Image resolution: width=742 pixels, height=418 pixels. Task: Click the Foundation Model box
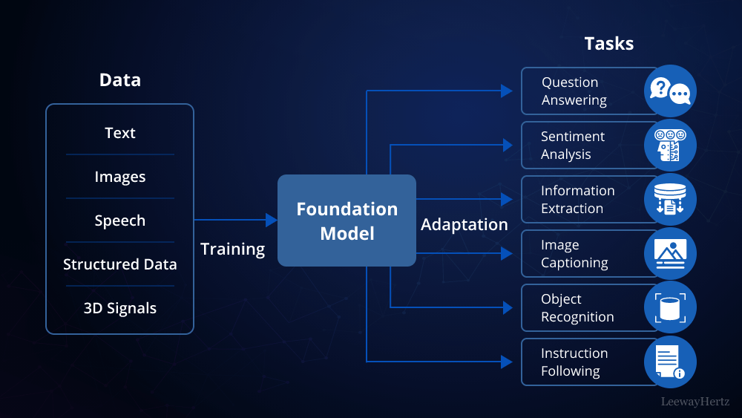point(347,221)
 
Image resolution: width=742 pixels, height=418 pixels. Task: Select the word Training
point(232,249)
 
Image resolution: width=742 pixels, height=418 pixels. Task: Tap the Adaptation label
point(464,224)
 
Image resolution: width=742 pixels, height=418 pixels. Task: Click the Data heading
point(119,80)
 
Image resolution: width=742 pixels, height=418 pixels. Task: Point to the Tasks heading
point(608,44)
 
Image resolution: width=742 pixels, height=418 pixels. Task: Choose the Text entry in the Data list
point(119,133)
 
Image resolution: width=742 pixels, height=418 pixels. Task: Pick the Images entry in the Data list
point(119,177)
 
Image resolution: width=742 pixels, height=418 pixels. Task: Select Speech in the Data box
point(119,221)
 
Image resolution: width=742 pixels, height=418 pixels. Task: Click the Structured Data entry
point(119,264)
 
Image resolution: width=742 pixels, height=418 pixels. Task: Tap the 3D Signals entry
point(119,308)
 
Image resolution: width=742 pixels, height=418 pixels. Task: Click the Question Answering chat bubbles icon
point(670,91)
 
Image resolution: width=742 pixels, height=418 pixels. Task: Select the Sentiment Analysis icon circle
point(670,145)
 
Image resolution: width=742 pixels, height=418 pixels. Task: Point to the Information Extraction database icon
point(670,199)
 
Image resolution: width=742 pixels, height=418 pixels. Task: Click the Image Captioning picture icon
point(670,253)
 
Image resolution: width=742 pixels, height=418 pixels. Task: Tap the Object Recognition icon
point(670,307)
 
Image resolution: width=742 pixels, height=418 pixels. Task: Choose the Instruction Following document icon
point(670,362)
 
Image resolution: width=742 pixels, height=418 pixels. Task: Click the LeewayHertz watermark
point(695,402)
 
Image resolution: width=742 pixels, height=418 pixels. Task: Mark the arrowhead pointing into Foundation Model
point(272,221)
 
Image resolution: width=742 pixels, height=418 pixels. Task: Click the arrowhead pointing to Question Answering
point(507,91)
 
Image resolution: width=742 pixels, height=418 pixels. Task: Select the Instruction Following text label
point(574,362)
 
